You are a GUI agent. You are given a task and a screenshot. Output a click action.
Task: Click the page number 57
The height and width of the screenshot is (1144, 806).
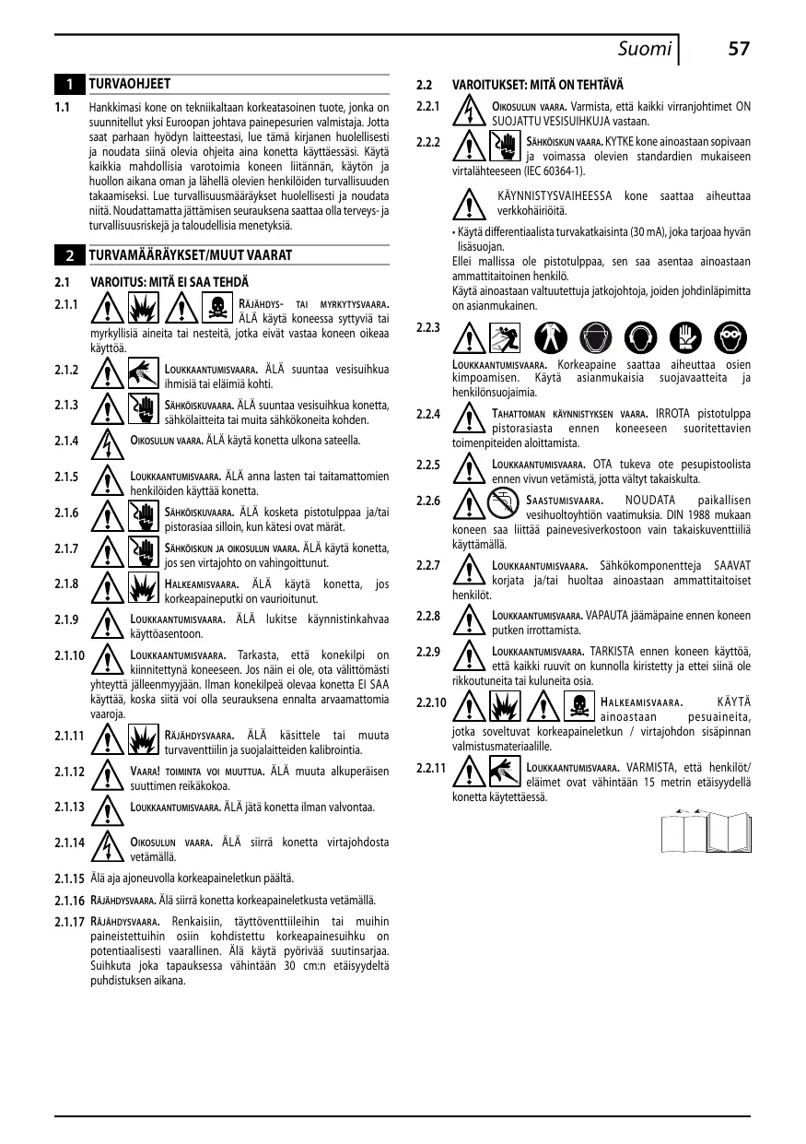coord(738,49)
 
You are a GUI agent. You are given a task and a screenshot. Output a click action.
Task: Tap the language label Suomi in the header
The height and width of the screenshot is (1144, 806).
coord(644,49)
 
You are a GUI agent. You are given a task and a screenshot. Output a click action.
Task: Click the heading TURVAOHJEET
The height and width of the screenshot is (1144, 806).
coord(129,84)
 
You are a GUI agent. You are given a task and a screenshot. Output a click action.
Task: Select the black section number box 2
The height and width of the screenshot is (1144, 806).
coord(70,254)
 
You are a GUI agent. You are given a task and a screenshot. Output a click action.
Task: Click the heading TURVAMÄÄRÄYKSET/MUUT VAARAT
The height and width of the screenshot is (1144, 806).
coord(191,254)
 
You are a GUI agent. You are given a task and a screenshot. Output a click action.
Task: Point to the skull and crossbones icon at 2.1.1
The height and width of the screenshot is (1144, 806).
coord(216,304)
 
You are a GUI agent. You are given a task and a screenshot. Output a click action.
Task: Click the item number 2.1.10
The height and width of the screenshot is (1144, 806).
coord(70,656)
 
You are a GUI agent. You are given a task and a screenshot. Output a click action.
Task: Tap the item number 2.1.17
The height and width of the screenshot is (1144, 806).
coord(70,922)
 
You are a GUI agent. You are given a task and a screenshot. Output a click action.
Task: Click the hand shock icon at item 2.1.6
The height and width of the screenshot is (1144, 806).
coord(145,515)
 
